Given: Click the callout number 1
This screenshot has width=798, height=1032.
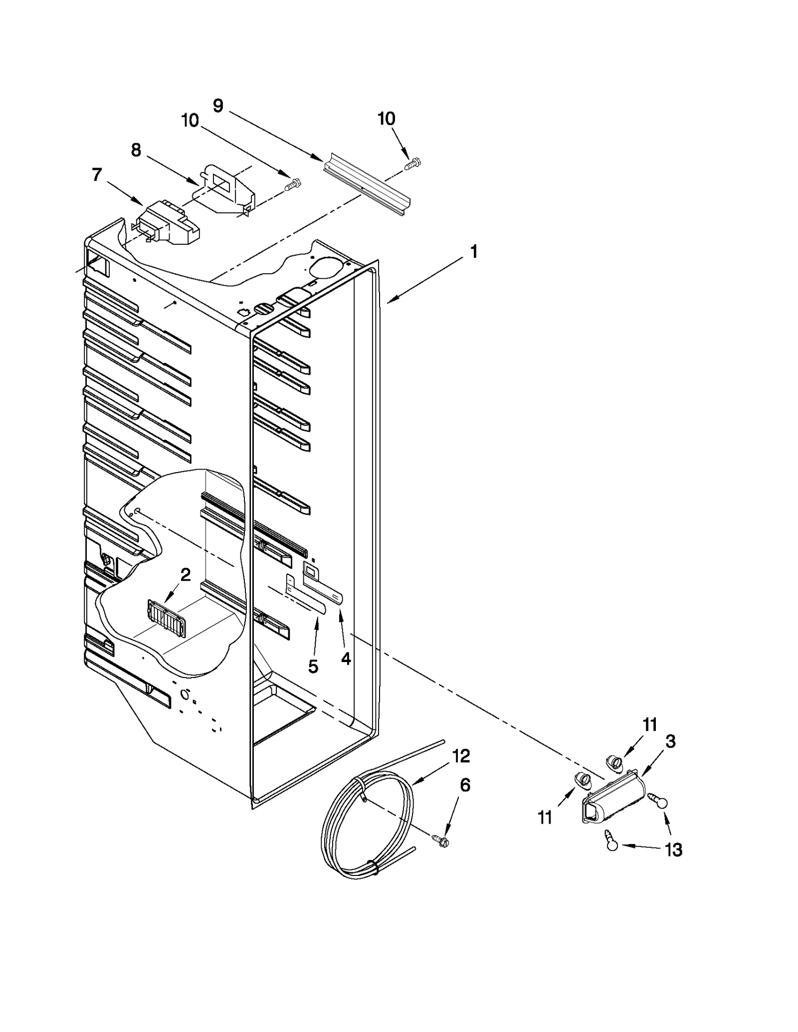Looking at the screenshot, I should (x=474, y=252).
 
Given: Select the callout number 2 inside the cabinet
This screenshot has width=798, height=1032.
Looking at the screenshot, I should (x=185, y=575).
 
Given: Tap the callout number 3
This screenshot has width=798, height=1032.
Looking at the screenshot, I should (x=670, y=741).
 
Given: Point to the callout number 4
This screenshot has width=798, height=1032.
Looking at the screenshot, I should (x=346, y=659).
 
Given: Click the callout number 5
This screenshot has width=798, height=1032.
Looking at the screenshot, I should (x=313, y=667).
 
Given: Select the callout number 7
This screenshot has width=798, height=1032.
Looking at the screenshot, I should (x=97, y=175).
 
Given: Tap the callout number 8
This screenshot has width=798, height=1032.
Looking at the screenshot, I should (x=136, y=150).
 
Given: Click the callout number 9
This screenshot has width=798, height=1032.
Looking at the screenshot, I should (x=218, y=106).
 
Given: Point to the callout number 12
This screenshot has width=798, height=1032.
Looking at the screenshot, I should (x=461, y=756).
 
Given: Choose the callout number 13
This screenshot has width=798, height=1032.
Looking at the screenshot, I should (x=673, y=850).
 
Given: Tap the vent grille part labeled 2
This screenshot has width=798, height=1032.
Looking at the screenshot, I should (x=167, y=619).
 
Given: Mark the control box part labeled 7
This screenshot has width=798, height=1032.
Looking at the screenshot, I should (x=167, y=224).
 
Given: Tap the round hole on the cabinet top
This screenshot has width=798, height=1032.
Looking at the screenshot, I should (x=325, y=267).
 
